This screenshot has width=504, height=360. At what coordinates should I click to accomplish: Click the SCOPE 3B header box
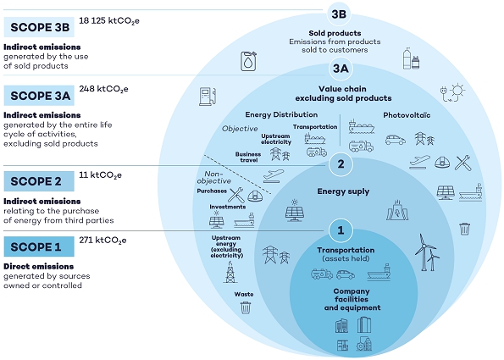click(x=39, y=27)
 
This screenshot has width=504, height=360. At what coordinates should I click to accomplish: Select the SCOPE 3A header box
click(x=39, y=96)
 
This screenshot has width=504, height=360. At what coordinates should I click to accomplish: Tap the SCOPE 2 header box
click(x=39, y=181)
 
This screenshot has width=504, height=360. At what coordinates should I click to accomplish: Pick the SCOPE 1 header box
click(x=39, y=246)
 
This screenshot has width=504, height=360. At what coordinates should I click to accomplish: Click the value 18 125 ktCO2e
click(x=109, y=21)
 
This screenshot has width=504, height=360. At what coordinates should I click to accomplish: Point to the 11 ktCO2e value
click(x=100, y=175)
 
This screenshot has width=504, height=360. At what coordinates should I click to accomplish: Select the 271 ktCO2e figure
click(x=102, y=241)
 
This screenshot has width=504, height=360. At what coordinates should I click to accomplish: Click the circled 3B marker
click(x=339, y=14)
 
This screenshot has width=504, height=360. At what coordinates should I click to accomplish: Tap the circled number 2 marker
click(x=341, y=164)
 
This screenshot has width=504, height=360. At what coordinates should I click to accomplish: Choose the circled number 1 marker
click(x=341, y=230)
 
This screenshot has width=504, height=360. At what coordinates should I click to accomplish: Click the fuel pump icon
click(x=208, y=97)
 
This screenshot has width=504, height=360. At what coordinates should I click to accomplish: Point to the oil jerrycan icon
click(x=249, y=61)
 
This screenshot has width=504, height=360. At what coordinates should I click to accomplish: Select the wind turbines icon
click(x=427, y=252)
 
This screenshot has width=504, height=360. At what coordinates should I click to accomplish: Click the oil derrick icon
click(x=230, y=272)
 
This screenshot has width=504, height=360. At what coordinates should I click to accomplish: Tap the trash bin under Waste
click(x=246, y=307)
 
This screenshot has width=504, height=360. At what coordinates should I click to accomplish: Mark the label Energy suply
click(x=343, y=191)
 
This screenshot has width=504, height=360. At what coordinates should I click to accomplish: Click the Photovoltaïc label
click(x=407, y=115)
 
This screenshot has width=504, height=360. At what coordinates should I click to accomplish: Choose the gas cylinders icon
click(x=411, y=58)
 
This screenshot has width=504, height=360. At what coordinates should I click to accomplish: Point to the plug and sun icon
click(x=452, y=92)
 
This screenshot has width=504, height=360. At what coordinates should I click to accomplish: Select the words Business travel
click(x=248, y=157)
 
